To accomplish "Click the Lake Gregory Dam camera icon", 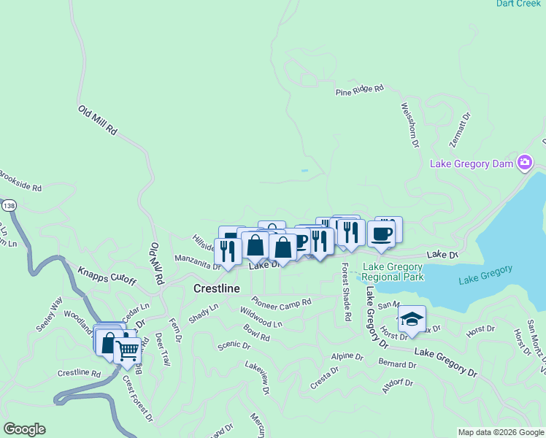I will click(x=524, y=162).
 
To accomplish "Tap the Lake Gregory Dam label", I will click(x=472, y=164).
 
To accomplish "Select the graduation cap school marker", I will click(x=412, y=319).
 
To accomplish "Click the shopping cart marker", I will click(x=127, y=350).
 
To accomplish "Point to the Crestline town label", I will click(x=216, y=289).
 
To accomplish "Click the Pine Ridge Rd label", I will click(x=359, y=91).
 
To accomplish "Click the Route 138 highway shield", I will click(x=8, y=207).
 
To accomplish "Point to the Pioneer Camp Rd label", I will click(x=281, y=301).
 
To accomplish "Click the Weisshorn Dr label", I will click(x=409, y=125).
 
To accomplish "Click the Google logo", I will click(x=23, y=429).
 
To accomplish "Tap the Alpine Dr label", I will click(x=347, y=356).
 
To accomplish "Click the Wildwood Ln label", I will click(x=261, y=318).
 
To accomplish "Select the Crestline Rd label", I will click(x=79, y=373).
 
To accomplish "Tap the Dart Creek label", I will click(x=518, y=4).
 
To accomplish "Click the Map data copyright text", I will click(x=501, y=432).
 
